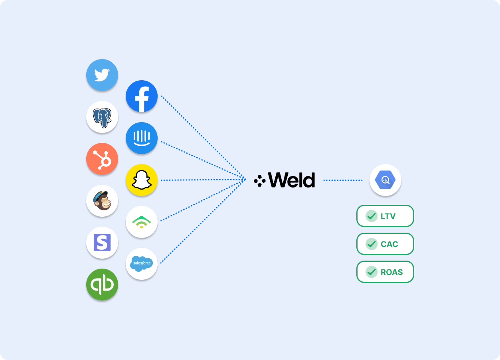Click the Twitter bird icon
pos(102,75)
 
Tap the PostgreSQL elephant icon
pos(102,117)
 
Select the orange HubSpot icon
pos(102,159)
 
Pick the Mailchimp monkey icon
pos(102,201)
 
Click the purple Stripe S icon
pos(102,243)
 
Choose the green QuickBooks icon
pos(102,285)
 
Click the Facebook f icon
pos(142,96)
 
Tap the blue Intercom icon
pos(142,138)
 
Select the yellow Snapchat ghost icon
pos(142,180)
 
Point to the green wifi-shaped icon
pos(142,222)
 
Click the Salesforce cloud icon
pos(142,263)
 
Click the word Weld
pos(291,180)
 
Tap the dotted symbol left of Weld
pos(259,181)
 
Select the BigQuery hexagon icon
pos(385,180)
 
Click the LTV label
pos(388,216)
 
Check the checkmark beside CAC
pos(372,244)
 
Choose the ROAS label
pos(391,272)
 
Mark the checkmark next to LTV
pos(372,216)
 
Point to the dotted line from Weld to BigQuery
pos(342,180)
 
